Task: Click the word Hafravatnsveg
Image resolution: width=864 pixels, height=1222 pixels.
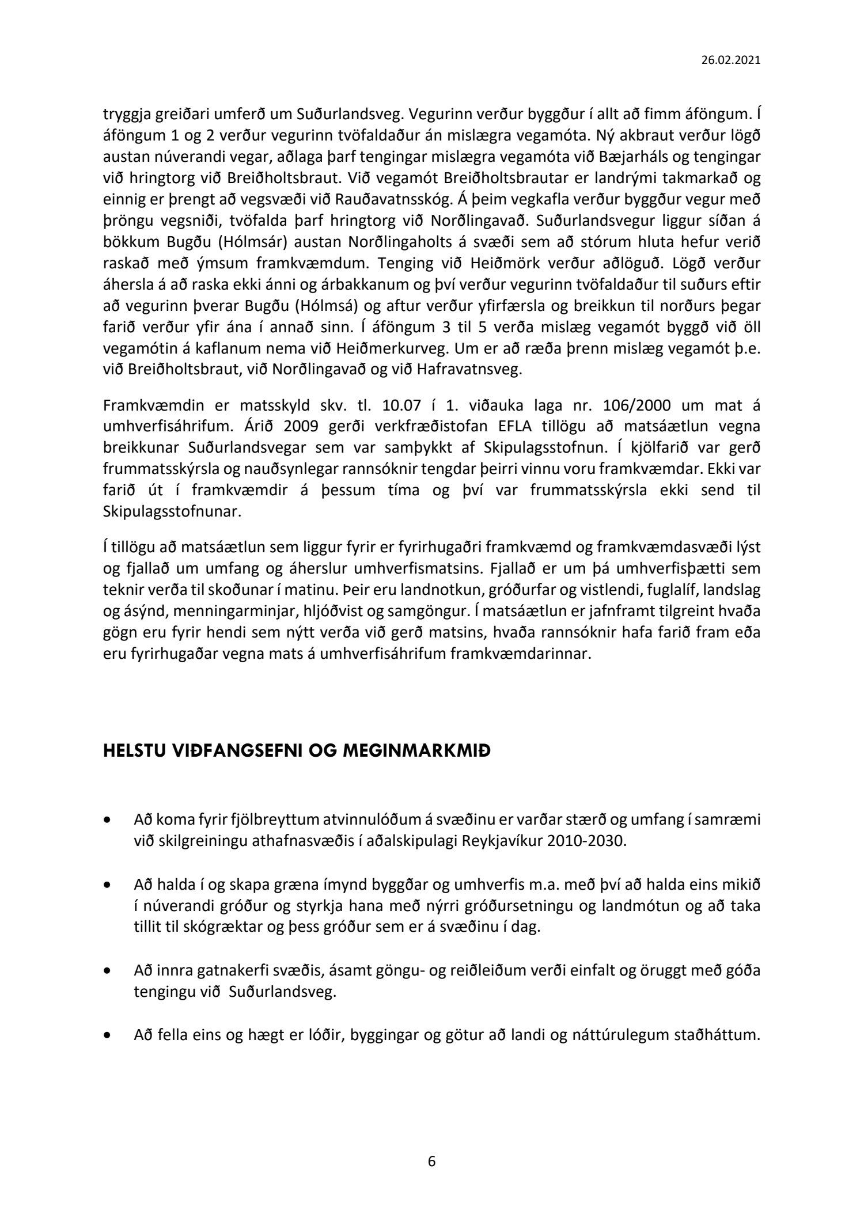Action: (461, 369)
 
